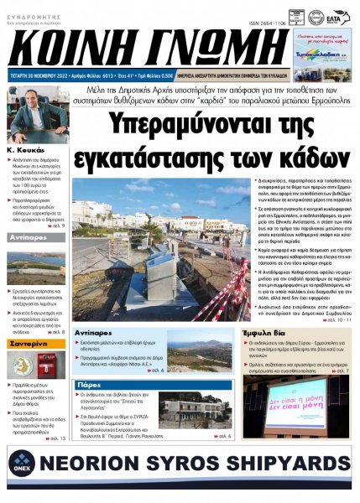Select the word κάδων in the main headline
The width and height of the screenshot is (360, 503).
pyautogui.click(x=277, y=153)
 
